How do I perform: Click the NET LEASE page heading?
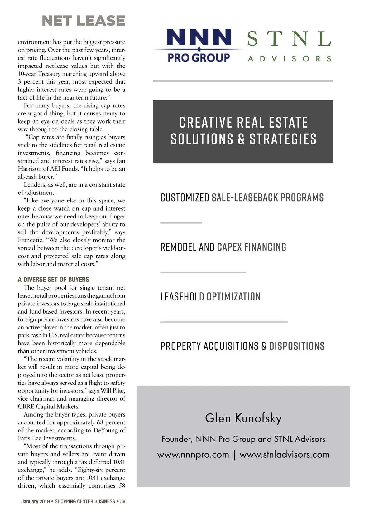coord(83,21)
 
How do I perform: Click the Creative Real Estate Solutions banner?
coord(243,131)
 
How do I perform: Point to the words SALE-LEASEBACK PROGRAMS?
coord(267,198)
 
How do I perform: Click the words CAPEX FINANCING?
coord(252,247)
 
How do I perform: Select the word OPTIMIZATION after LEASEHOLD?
coord(233,296)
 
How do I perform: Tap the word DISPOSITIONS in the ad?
coord(297,346)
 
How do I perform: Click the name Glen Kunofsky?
coord(243,418)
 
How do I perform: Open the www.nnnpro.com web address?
coord(193,455)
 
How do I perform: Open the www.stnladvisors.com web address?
coord(284,455)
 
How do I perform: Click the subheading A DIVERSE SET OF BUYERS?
coord(53,280)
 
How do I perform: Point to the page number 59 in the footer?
coord(123,501)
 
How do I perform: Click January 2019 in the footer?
coord(36,501)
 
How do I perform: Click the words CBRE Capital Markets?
coord(49,407)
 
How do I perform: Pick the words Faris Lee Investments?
coord(45,438)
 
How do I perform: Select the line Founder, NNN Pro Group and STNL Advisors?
coord(243,439)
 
